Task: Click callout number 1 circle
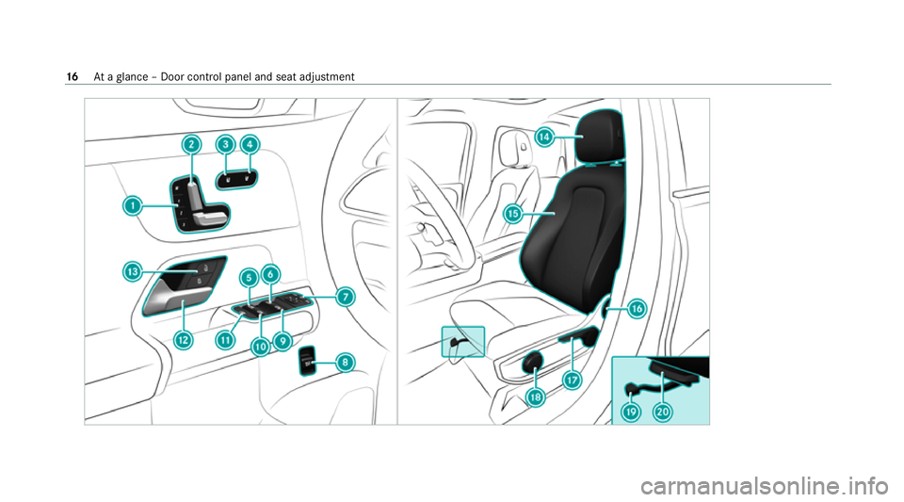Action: point(133,204)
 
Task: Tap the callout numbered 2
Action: point(191,144)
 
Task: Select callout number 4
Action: point(250,144)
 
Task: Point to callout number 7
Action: point(346,297)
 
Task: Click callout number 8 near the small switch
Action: point(346,362)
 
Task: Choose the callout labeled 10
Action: point(260,347)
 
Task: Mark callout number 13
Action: point(133,272)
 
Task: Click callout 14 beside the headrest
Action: point(543,138)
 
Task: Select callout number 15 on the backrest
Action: point(513,214)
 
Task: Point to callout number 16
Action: point(637,308)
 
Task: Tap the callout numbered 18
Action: point(536,397)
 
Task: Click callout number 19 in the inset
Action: point(632,411)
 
